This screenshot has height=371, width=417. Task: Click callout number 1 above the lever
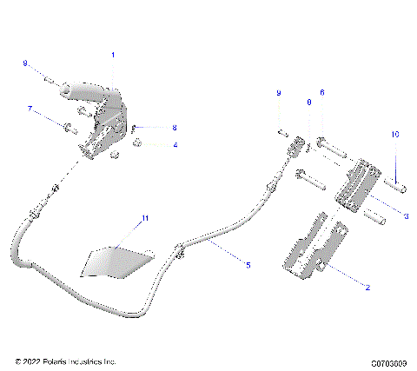click(x=113, y=56)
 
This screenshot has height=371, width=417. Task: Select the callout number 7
click(x=30, y=109)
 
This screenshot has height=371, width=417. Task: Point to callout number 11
click(x=146, y=217)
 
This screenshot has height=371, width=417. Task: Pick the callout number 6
click(x=321, y=92)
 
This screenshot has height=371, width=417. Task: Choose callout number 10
click(x=394, y=135)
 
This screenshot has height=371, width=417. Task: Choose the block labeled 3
click(x=360, y=189)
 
